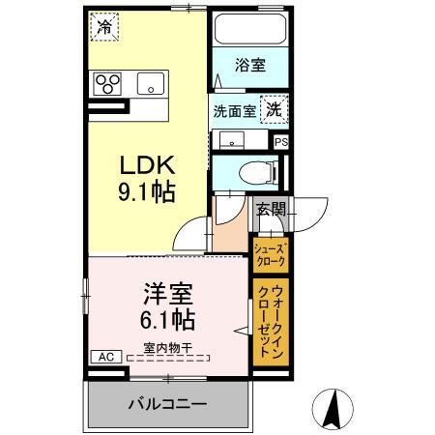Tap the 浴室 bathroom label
(x=250, y=66)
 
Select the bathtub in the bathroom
(x=249, y=33)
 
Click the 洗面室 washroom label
(x=233, y=111)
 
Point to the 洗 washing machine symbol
(x=275, y=111)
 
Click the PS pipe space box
(x=280, y=141)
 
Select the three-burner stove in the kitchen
(x=106, y=83)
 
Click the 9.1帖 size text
(x=147, y=192)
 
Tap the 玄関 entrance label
(x=270, y=208)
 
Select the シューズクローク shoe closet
(x=270, y=254)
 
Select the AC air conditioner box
(x=105, y=357)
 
